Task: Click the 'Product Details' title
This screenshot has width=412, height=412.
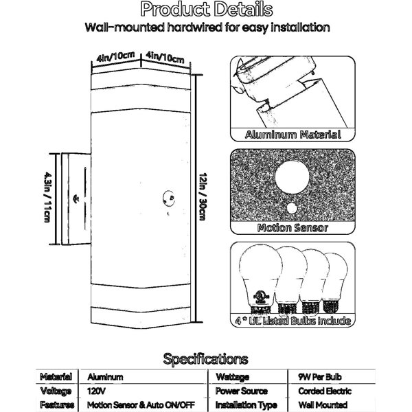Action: (x=207, y=10)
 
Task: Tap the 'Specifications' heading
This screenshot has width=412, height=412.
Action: (x=205, y=359)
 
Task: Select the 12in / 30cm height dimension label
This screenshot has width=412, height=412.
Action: (x=203, y=196)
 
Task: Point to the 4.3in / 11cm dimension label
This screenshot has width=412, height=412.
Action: (x=47, y=197)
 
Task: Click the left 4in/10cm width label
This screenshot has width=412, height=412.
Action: (x=115, y=57)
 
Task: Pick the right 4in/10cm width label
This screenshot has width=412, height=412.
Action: (x=165, y=57)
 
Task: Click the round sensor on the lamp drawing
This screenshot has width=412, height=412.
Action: (x=169, y=198)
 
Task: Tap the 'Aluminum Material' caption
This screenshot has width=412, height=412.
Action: (x=293, y=135)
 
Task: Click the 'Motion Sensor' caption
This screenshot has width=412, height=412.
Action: (x=293, y=228)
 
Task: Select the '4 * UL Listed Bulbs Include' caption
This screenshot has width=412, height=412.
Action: (x=293, y=321)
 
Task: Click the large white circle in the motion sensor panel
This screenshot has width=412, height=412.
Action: (x=293, y=177)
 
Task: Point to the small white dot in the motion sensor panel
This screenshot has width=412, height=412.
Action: (x=292, y=208)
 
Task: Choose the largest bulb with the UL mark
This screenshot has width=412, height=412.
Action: (x=260, y=279)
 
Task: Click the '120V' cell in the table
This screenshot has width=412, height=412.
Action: (x=96, y=391)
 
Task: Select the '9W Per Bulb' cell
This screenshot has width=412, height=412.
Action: (x=320, y=377)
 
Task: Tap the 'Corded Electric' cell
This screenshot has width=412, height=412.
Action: (x=325, y=391)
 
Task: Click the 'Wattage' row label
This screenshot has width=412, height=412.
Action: (x=232, y=377)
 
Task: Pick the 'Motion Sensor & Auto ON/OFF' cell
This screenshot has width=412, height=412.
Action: (x=141, y=405)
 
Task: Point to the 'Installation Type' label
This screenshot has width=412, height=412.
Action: (x=247, y=405)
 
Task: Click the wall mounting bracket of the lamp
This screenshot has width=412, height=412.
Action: (x=76, y=199)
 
